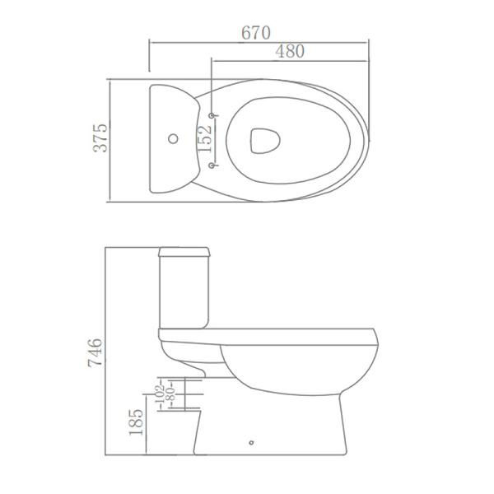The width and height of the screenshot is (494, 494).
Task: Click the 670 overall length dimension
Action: [x=256, y=33]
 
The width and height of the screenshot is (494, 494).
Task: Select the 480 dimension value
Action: [x=289, y=51]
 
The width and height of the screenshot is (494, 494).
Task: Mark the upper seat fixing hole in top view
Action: [x=213, y=114]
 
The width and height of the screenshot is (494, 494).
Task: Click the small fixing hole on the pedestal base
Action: [x=249, y=445]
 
